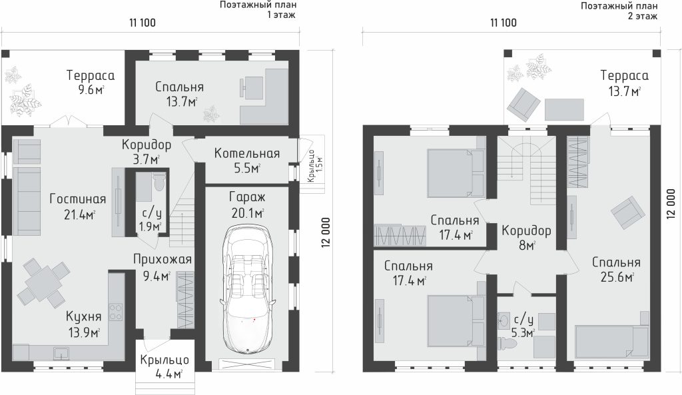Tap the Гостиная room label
tap(78, 198)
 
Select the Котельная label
tap(246, 153)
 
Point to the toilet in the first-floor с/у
tap(159, 181)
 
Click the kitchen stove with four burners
tap(116, 312)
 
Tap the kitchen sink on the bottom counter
tap(61, 352)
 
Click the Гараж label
tap(247, 197)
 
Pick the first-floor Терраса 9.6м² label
tap(91, 82)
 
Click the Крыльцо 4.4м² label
tap(165, 367)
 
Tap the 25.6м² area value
tap(617, 276)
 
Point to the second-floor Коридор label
tap(526, 230)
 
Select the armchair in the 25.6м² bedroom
tap(627, 212)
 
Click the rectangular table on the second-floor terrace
tap(564, 109)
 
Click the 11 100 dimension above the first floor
tap(143, 23)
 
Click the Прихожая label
tap(163, 259)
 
